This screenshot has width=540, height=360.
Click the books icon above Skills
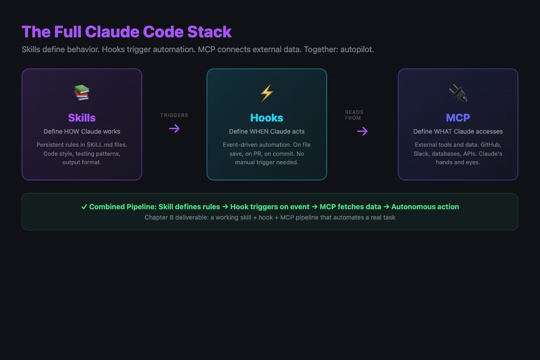[x=81, y=93]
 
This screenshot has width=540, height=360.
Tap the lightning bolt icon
[x=266, y=93]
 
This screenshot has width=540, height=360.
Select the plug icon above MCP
[x=458, y=93]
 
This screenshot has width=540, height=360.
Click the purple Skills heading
[x=81, y=118]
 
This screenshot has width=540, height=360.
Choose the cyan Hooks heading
[x=266, y=118]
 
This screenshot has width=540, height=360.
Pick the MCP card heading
[x=458, y=118]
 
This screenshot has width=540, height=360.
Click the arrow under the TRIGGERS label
[x=174, y=129]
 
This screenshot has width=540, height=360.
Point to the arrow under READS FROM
[x=362, y=131]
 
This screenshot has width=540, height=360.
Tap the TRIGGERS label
[x=174, y=115]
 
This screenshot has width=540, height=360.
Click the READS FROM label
[x=354, y=115]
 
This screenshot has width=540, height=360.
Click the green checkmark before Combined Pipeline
[x=84, y=207]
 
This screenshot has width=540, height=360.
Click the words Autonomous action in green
[x=425, y=207]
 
